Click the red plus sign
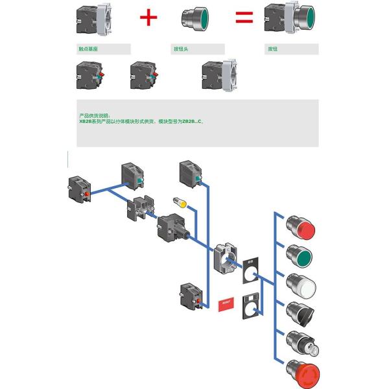[x=148, y=17]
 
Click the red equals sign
[x=244, y=17]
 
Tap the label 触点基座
[x=88, y=49]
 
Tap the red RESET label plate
[x=228, y=302]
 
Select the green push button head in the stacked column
[x=301, y=256]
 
